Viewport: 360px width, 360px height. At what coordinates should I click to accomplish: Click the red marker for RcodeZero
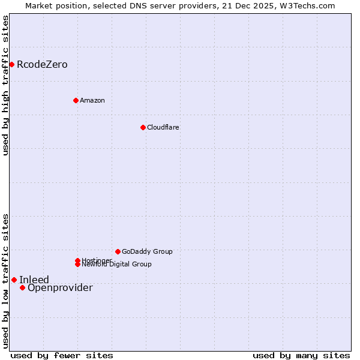pos(11,64)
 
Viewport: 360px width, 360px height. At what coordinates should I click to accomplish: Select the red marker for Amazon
pos(76,100)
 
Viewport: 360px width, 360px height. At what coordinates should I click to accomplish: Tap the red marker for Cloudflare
pos(143,127)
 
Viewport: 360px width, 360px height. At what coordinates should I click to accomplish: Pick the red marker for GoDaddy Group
pos(118,251)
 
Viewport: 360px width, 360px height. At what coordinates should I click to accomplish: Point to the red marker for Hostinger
pos(77,260)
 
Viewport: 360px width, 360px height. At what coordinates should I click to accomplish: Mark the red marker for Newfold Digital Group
pos(77,265)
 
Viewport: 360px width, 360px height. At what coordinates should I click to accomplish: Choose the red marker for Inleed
pos(14,280)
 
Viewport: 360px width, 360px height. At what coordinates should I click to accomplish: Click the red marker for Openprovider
pos(22,287)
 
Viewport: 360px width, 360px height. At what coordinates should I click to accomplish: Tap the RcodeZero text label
pos(42,64)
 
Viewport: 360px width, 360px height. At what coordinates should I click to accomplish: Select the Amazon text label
pos(92,100)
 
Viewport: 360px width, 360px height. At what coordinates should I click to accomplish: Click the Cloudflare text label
pos(163,127)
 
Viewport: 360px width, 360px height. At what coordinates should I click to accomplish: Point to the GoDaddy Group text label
pos(147,251)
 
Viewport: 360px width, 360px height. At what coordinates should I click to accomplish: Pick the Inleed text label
pos(34,280)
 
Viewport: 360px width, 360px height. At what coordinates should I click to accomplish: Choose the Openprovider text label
pos(60,288)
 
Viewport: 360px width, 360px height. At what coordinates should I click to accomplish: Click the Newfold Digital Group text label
pos(116,265)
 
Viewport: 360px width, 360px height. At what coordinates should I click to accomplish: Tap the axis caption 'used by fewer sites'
pos(62,355)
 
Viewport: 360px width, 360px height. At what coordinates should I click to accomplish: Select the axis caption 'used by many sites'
pos(301,355)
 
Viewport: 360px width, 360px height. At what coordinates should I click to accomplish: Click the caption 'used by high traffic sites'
pos(5,85)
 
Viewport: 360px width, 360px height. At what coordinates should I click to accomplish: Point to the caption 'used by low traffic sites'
pos(5,281)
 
